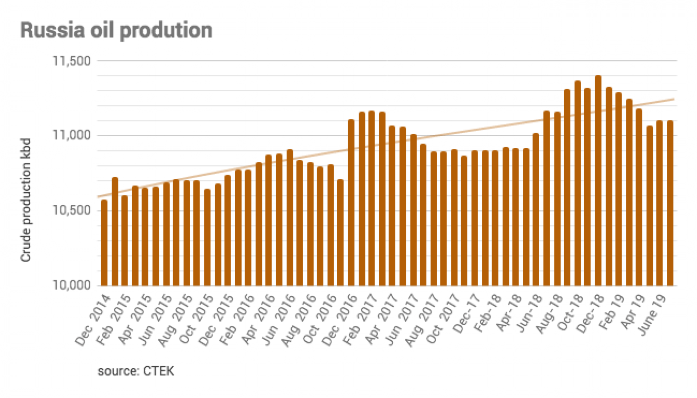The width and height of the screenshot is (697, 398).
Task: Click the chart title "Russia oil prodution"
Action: coord(116,31)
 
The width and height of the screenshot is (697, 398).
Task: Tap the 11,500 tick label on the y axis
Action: coord(72,61)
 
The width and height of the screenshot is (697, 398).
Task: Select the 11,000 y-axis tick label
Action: coord(72,136)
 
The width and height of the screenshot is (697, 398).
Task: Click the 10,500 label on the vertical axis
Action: coord(72,211)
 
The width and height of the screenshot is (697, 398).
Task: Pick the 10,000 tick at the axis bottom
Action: coord(72,285)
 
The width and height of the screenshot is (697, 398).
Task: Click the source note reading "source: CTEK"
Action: coord(136,371)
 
